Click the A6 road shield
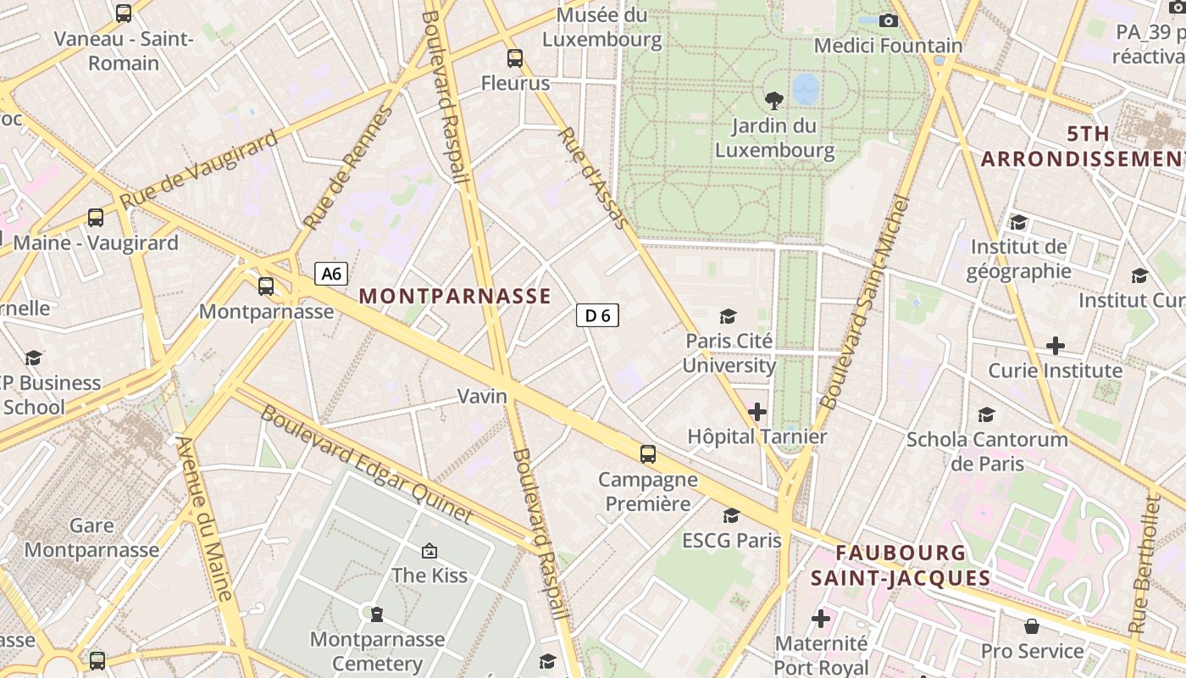[x=331, y=274]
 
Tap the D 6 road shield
[x=597, y=316]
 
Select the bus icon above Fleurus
[x=515, y=58]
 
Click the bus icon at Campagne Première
[x=648, y=454]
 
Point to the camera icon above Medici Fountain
[x=888, y=20]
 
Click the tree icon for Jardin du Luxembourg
[x=773, y=101]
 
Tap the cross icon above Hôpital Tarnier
[x=756, y=413]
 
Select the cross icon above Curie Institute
[x=1055, y=346]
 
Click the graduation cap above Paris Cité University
[x=728, y=317]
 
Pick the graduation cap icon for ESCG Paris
[x=731, y=515]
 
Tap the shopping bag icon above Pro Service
[x=1032, y=626]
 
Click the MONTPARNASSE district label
[x=455, y=296]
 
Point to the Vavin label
[x=482, y=396]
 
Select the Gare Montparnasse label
[x=91, y=537]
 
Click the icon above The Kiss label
[x=430, y=551]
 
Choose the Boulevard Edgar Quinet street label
[x=366, y=464]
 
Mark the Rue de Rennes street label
[x=348, y=168]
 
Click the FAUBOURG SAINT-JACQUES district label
[x=901, y=565]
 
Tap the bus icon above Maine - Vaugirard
[x=96, y=218]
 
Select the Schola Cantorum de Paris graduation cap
[x=987, y=414]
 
